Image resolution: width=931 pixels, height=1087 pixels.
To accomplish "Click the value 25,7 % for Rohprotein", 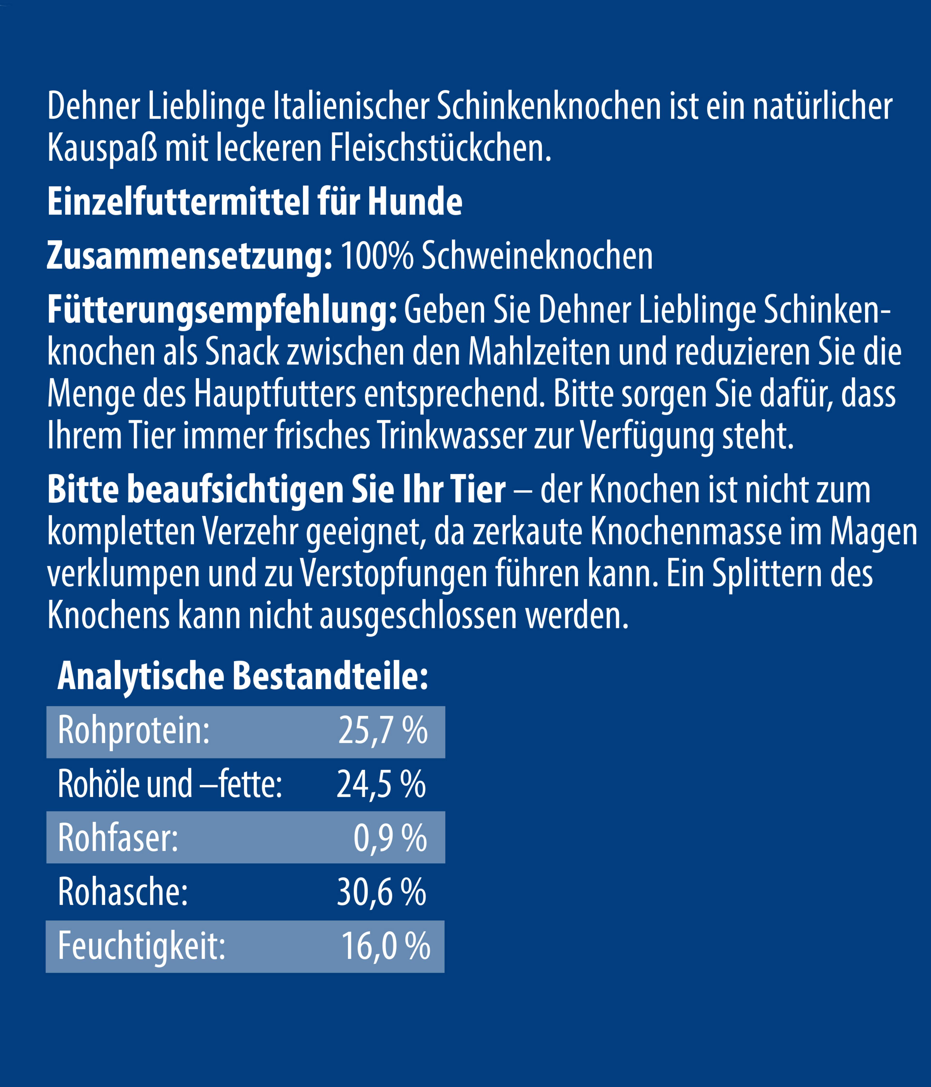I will (x=383, y=731).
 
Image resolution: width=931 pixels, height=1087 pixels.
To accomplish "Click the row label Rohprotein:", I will (x=134, y=731).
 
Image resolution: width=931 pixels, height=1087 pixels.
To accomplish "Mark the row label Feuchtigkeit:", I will (x=142, y=946).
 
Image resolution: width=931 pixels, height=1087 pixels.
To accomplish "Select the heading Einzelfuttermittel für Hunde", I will (x=255, y=202).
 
